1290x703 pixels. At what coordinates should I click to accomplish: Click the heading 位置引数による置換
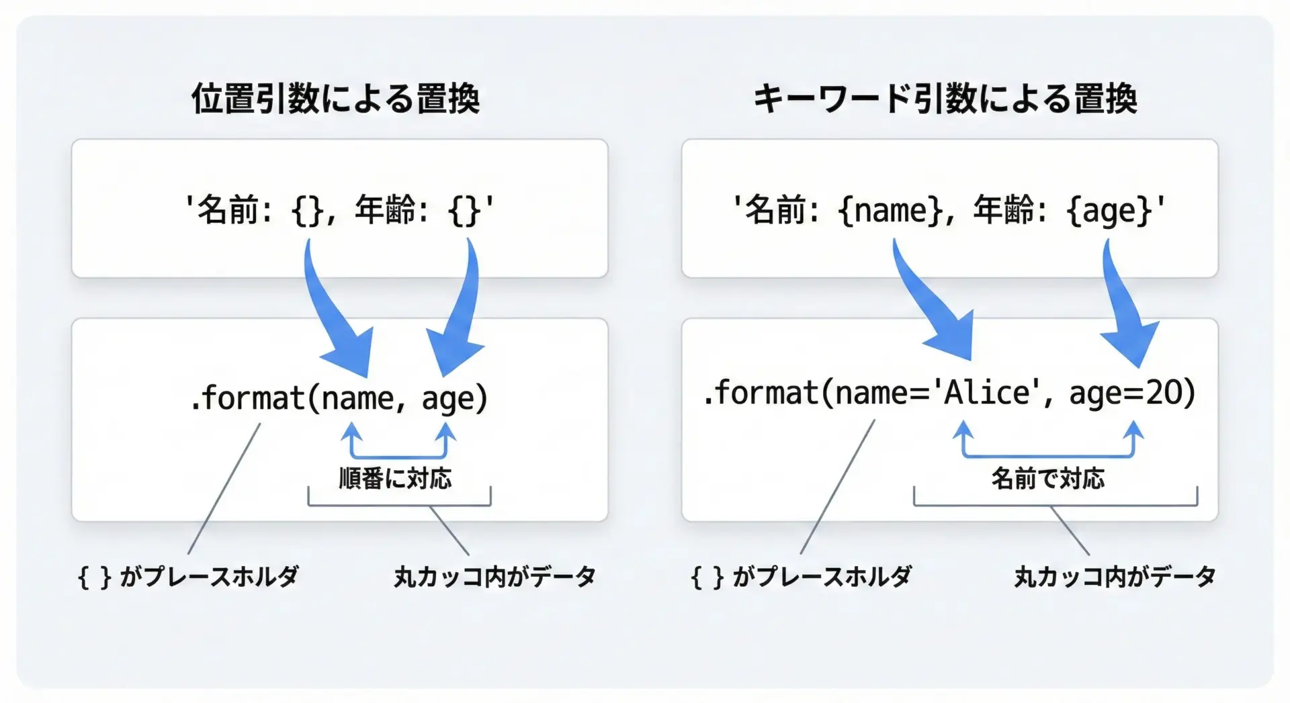pos(335,99)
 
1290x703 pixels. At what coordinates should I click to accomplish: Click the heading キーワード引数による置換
pos(945,99)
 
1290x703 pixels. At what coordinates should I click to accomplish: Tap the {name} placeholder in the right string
pos(891,211)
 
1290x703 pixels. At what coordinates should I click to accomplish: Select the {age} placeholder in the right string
pos(1109,211)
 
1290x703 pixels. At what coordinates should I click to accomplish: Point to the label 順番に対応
pos(395,479)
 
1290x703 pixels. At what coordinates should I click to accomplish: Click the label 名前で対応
pos(1047,479)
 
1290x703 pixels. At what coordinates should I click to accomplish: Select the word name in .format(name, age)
pos(357,399)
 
